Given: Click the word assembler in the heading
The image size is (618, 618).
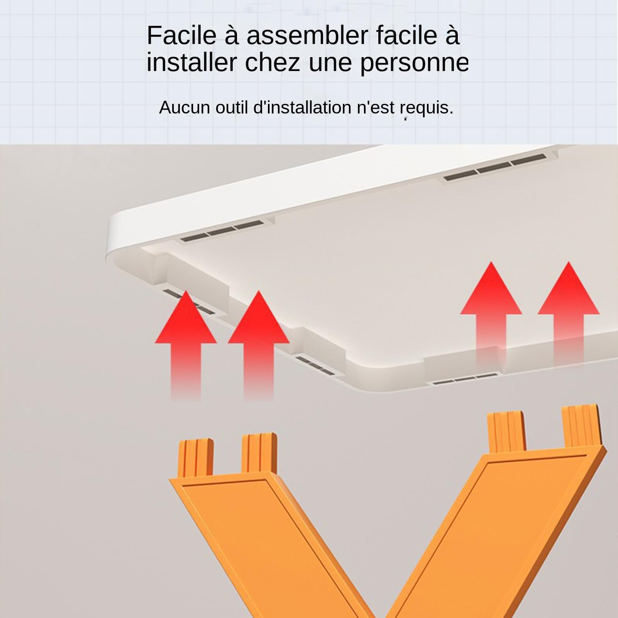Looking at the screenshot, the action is click(x=307, y=36).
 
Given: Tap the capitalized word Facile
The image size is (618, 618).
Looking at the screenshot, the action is click(x=181, y=36).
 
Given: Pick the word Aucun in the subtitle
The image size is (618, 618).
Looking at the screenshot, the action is click(x=184, y=107).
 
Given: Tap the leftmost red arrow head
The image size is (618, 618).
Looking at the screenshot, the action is click(x=186, y=317).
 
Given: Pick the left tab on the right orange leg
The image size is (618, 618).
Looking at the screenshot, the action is click(x=506, y=433).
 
